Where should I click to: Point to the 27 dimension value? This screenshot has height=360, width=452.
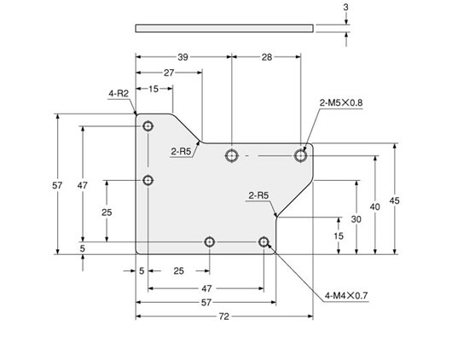(x=169, y=73)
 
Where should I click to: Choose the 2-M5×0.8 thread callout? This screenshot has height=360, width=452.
(x=341, y=102)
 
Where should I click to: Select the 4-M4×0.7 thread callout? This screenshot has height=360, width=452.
(x=345, y=296)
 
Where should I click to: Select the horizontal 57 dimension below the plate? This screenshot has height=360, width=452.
(x=206, y=303)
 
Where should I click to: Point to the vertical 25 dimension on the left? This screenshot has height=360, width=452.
(x=106, y=212)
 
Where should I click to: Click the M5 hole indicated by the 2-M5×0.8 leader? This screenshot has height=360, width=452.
(x=300, y=154)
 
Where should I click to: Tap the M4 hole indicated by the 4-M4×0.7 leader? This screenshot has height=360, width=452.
(x=264, y=243)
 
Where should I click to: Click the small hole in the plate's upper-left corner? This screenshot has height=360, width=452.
(x=148, y=126)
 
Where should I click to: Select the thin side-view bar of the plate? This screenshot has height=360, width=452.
(x=223, y=28)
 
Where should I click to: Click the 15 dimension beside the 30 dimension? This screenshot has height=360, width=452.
(x=339, y=235)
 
